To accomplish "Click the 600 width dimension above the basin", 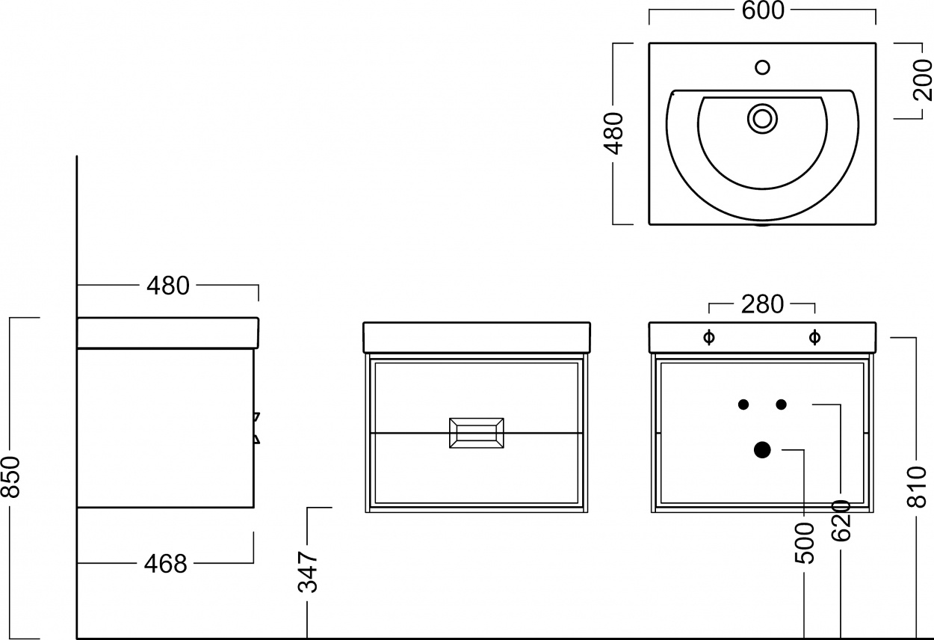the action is [x=763, y=11].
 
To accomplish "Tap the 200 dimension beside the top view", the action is [x=923, y=80].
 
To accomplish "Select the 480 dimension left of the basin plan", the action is [x=613, y=134].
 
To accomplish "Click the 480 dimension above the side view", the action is [x=168, y=286].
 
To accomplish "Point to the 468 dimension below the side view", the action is [x=166, y=564].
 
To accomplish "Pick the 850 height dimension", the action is [x=10, y=477].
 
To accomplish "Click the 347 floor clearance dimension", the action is [x=308, y=572].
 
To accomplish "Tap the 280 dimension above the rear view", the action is [x=762, y=304].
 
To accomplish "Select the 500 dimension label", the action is [x=805, y=543].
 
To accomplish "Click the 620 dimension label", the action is [x=841, y=520].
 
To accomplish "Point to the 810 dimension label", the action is [x=917, y=487].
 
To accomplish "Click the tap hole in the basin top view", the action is [x=763, y=67].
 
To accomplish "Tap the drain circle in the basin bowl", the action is [x=763, y=119].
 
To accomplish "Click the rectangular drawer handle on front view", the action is [x=477, y=433].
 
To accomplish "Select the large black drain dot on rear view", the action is [x=763, y=450].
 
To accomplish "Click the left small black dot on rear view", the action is [x=743, y=404].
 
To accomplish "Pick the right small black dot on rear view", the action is [x=782, y=404].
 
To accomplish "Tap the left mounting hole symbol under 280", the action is [x=709, y=337].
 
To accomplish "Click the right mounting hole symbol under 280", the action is [x=814, y=337].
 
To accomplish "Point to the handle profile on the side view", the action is [x=257, y=428].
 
